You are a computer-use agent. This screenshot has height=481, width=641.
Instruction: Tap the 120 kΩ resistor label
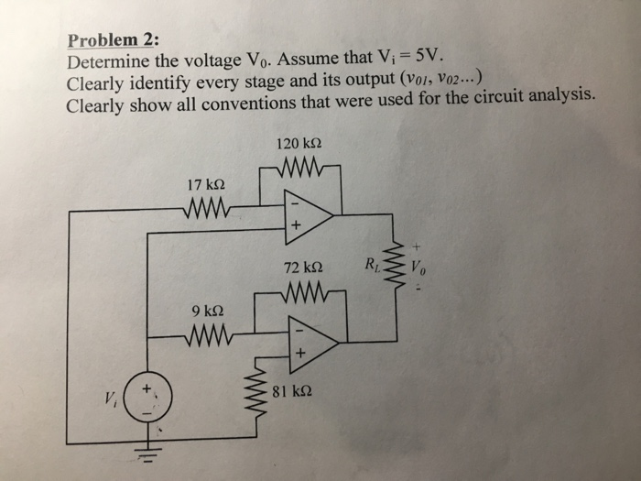tap(298, 144)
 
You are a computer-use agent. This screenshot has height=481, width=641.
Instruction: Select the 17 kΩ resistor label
tap(206, 185)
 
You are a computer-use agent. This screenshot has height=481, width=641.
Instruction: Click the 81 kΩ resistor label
tap(293, 392)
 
